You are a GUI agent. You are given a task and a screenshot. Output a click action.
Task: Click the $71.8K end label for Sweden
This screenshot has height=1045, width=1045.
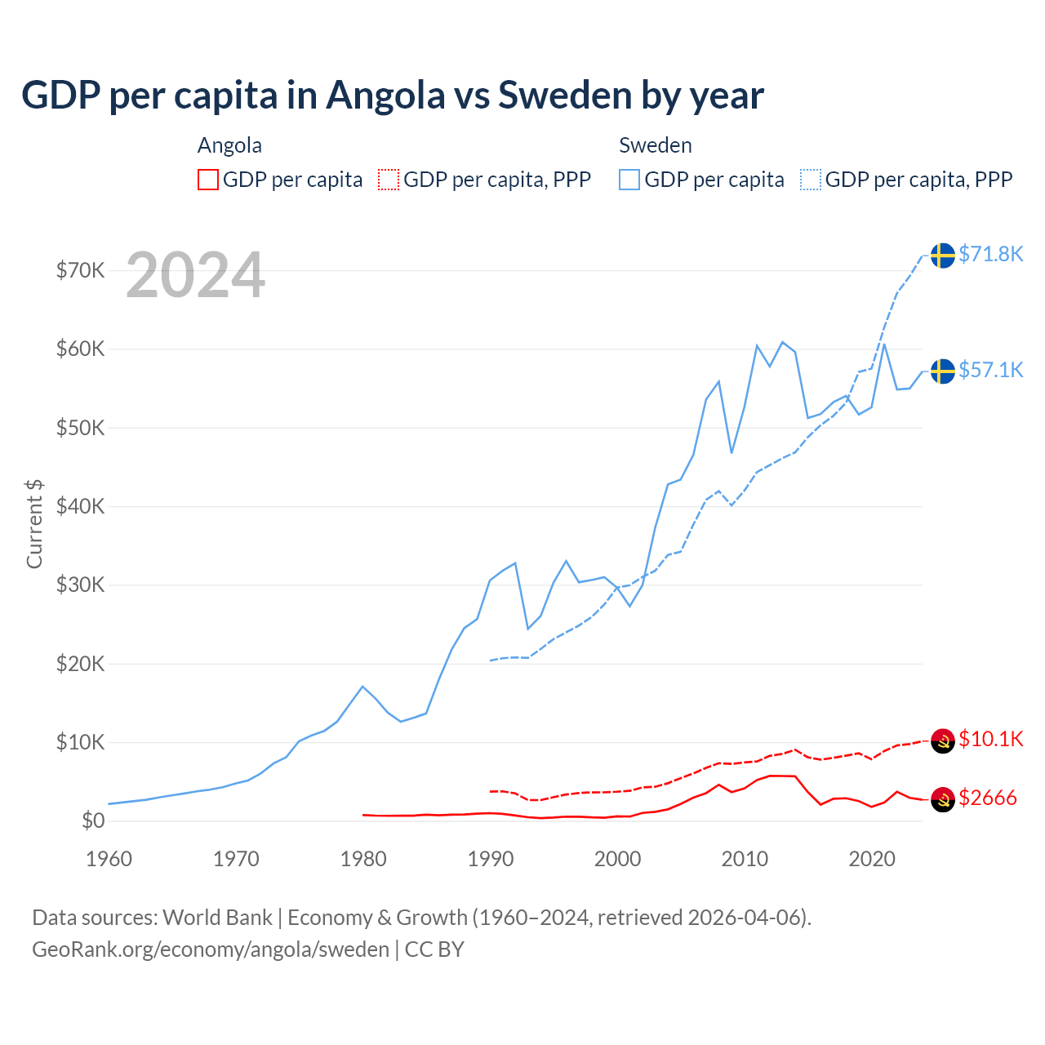coord(990,255)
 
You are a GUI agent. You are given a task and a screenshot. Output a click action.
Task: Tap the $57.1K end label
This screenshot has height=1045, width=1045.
coord(990,371)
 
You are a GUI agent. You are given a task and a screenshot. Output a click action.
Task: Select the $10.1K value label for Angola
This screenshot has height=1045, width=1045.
coord(990,740)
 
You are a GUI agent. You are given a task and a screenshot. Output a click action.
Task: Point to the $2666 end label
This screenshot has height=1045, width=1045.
coord(987,798)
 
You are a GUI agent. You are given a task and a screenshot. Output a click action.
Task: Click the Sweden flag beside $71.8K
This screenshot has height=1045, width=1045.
coord(943,256)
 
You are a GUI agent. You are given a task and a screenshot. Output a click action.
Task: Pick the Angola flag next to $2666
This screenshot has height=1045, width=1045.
coord(943,800)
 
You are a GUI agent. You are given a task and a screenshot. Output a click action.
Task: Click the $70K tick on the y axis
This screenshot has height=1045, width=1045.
coord(80,270)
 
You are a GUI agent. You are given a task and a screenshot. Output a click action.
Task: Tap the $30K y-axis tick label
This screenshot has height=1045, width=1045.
coord(80,585)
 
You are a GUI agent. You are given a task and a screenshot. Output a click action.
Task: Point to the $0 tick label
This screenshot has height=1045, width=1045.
coord(93,820)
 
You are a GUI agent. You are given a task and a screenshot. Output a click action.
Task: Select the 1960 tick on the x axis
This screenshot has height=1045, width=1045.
coord(109,859)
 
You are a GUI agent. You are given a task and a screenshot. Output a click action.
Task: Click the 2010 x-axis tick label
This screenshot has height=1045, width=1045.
coord(745,859)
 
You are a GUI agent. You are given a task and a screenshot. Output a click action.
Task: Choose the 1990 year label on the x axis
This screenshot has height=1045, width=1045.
coord(491,859)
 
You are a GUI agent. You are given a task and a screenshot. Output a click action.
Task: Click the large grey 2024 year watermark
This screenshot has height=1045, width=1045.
coord(195,275)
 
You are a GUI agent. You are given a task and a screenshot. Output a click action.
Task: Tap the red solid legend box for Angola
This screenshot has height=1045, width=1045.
coord(208,180)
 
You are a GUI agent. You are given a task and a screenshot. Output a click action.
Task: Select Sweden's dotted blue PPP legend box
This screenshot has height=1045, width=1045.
coord(811,180)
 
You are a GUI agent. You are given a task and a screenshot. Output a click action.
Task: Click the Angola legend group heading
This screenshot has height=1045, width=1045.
coord(229,145)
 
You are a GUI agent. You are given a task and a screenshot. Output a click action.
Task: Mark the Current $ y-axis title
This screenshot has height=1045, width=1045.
coord(34,524)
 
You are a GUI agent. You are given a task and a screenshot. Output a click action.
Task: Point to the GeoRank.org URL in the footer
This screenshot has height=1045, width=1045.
coord(211,949)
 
